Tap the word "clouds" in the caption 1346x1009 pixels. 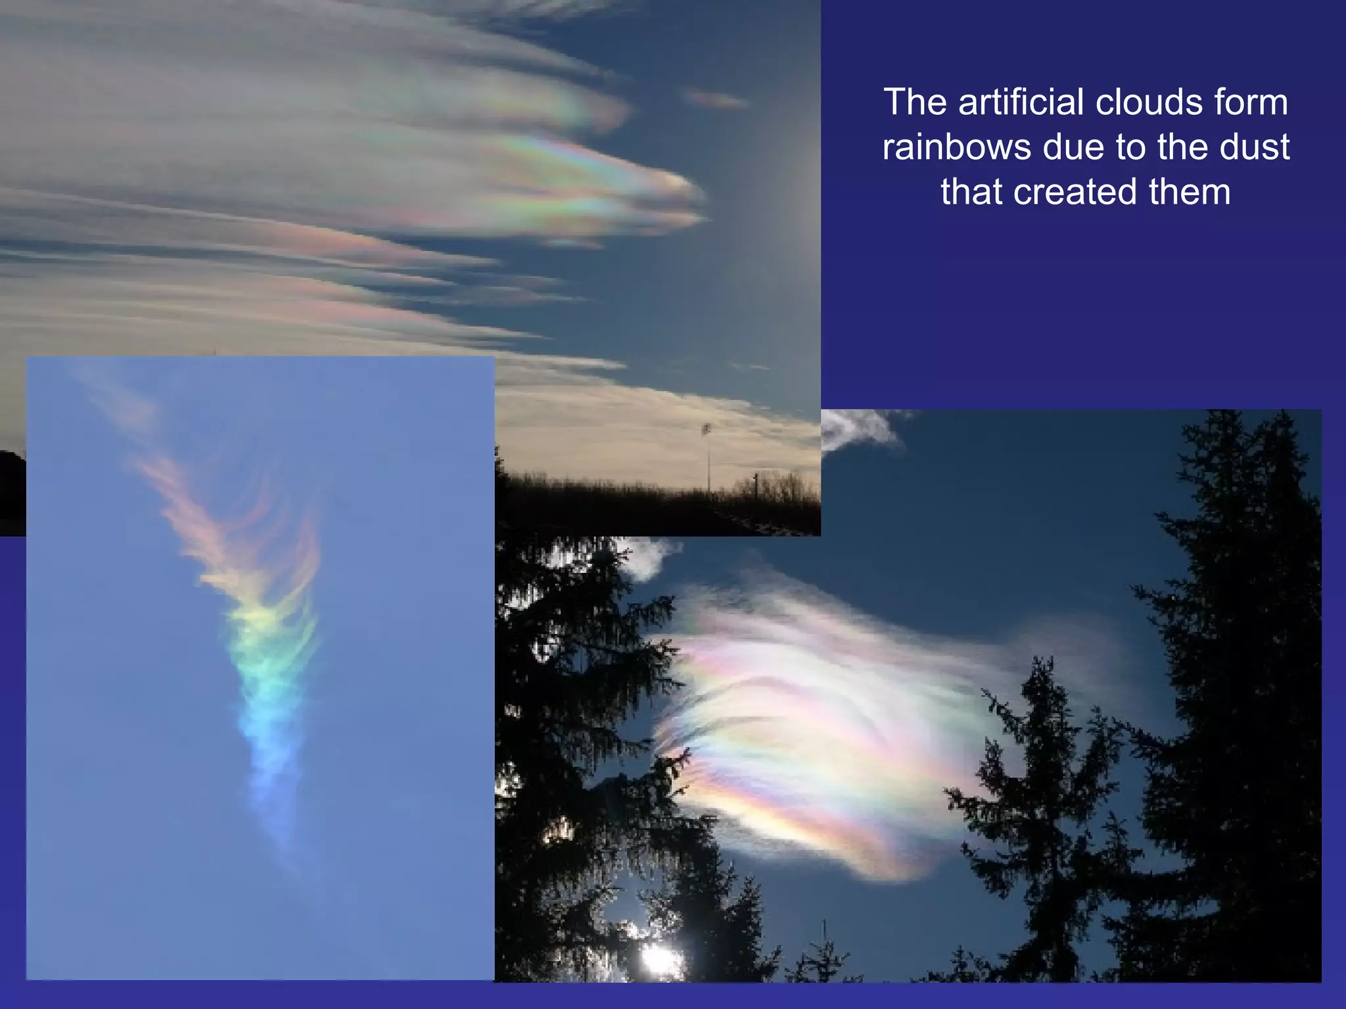tap(1167, 102)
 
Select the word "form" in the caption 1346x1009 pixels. tap(1260, 102)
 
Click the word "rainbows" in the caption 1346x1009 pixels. tap(956, 147)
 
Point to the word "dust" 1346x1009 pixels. tap(1254, 147)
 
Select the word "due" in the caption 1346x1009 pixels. tap(1079, 147)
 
